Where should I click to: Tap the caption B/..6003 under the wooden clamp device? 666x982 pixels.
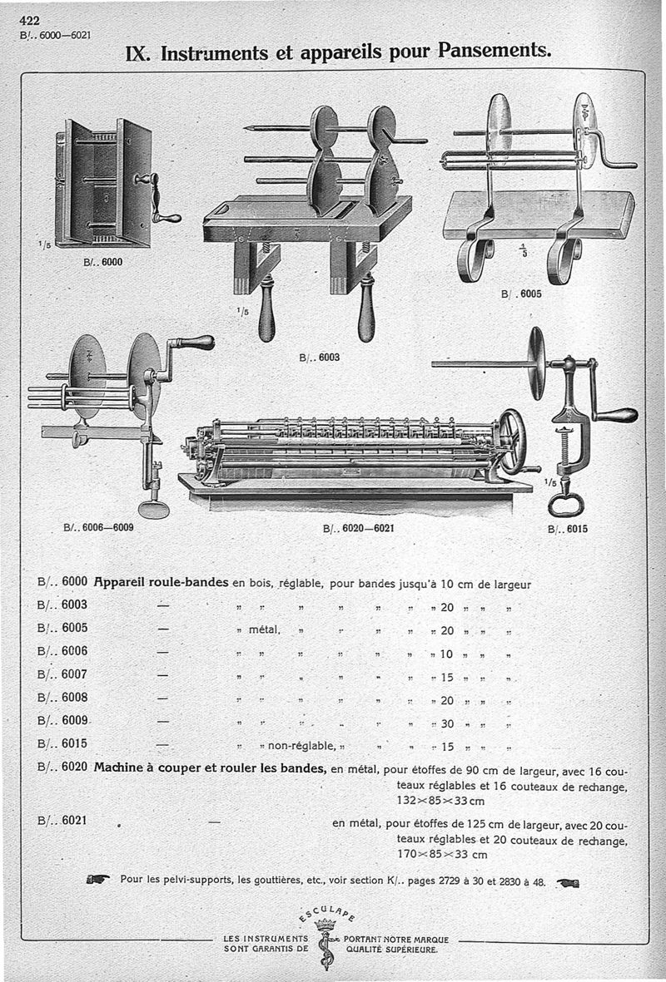pyautogui.click(x=318, y=358)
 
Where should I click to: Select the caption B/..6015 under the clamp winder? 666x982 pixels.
pyautogui.click(x=567, y=527)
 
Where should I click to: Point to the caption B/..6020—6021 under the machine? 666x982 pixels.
pyautogui.click(x=352, y=528)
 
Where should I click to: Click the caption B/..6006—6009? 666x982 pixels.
pyautogui.click(x=98, y=527)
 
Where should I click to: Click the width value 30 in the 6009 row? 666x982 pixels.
pyautogui.click(x=446, y=722)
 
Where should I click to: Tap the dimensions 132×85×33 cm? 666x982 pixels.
pyautogui.click(x=440, y=801)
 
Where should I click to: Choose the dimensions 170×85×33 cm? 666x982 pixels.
pyautogui.click(x=441, y=854)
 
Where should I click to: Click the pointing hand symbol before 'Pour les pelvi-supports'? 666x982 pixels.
pyautogui.click(x=97, y=880)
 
